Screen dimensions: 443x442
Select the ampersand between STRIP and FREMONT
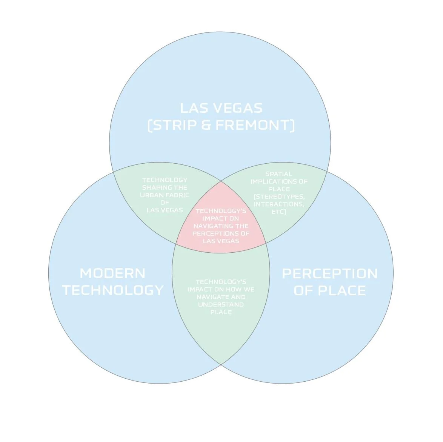point(206,125)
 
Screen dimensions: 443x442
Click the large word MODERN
point(112,273)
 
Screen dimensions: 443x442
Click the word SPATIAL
point(278,174)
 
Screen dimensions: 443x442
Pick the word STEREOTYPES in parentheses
point(279,196)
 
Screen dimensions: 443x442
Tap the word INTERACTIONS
point(279,204)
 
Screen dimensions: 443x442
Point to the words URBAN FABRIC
point(165,195)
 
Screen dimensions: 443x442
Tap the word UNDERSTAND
point(221,304)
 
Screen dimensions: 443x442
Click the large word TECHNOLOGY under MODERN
point(113,290)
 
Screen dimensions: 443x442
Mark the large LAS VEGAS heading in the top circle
point(221,108)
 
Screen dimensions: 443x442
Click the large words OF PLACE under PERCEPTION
point(329,290)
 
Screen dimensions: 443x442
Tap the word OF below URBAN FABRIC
point(165,203)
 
